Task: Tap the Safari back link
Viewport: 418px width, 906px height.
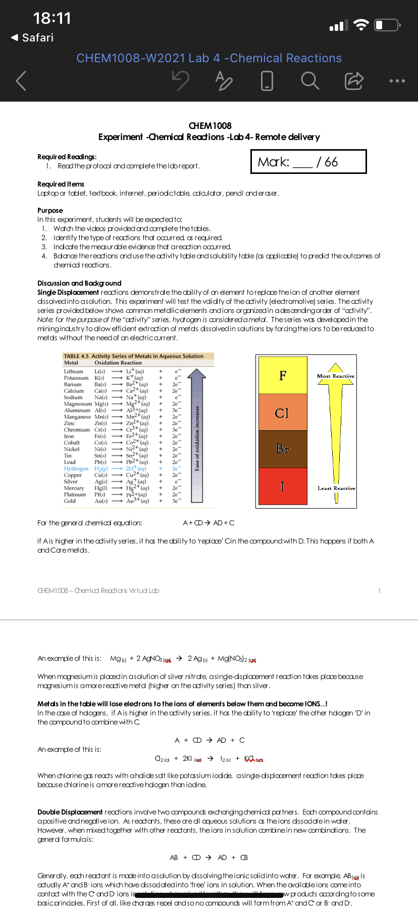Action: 32,38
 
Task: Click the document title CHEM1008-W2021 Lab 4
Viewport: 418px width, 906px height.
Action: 209,58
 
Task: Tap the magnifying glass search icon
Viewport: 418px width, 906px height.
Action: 309,80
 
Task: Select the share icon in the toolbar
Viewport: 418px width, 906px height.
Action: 353,80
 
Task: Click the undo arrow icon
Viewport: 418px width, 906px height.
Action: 180,80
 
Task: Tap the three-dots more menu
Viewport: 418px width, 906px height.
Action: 397,81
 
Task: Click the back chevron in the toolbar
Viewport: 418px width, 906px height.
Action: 21,80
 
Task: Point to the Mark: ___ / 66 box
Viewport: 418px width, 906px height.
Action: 308,162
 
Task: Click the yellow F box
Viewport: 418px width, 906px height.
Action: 283,375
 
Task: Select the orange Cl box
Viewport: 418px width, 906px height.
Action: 283,413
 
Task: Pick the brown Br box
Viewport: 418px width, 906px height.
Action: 283,449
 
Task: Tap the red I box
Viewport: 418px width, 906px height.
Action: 283,486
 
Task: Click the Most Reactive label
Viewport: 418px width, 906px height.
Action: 336,376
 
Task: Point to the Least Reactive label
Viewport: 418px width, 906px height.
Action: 336,488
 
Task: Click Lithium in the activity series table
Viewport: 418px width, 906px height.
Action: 74,372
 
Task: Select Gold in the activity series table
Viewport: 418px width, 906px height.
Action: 70,501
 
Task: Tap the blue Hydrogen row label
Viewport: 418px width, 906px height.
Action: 76,469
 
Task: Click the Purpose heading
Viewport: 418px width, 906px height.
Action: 50,210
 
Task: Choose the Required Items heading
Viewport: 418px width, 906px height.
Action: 61,184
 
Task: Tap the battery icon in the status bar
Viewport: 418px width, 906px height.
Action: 388,25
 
